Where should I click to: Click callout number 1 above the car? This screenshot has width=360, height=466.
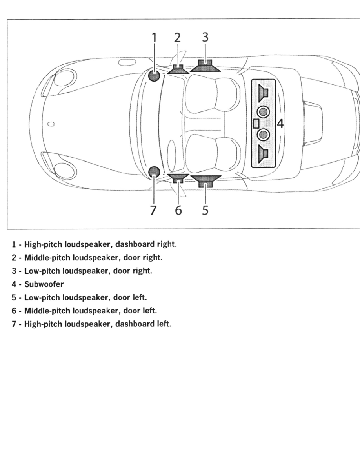154,38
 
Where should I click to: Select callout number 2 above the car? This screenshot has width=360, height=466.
178,38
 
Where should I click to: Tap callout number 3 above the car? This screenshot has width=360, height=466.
205,38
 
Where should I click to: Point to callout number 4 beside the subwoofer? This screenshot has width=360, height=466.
280,124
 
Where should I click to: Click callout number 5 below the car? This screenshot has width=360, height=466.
205,210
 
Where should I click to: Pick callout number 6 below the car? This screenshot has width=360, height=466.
178,210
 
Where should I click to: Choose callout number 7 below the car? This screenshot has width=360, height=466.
153,210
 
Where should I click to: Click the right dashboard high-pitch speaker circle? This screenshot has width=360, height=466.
154,75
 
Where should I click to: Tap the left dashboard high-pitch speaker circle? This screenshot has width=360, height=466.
154,172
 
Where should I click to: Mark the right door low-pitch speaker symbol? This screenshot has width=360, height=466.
205,66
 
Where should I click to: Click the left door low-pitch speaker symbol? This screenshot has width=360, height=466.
205,181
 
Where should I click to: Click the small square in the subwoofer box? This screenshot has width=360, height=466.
256,124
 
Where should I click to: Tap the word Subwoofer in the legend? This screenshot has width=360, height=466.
44,284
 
